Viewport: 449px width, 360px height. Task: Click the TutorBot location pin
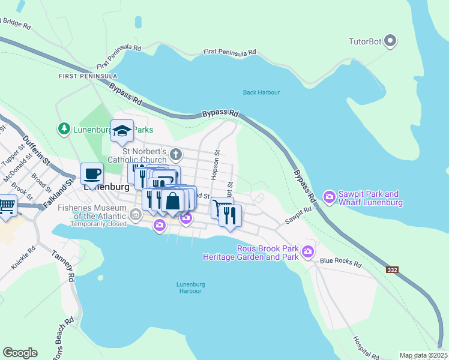[390, 41]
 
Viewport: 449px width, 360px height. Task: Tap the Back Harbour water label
[261, 92]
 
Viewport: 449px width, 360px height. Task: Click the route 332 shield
[392, 270]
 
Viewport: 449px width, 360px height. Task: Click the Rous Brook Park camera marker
[308, 251]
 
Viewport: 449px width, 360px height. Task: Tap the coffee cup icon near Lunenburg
[92, 173]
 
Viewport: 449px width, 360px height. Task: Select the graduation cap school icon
[122, 131]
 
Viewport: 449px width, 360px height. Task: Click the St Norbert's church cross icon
[175, 154]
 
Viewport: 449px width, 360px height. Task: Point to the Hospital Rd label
[365, 347]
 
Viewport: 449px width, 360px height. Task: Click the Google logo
[20, 353]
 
